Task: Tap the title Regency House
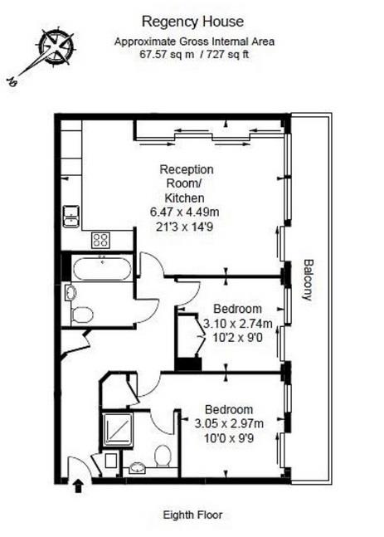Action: pos(192,22)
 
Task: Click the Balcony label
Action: pos(309,280)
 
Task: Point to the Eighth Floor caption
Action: pos(192,515)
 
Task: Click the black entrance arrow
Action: pos(78,486)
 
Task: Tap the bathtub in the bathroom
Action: pos(102,269)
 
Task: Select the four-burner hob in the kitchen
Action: pos(101,240)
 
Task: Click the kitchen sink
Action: pos(70,216)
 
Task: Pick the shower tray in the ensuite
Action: pos(118,431)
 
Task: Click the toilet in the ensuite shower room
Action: pos(163,456)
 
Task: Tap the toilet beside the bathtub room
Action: pos(82,315)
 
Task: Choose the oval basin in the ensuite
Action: pos(138,468)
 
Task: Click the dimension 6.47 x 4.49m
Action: pos(185,212)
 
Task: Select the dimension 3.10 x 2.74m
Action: pos(238,324)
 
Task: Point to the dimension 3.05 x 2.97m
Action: pos(229,423)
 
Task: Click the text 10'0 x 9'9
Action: pos(229,438)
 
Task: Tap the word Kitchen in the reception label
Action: pos(184,198)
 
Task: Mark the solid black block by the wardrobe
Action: pos(188,364)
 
